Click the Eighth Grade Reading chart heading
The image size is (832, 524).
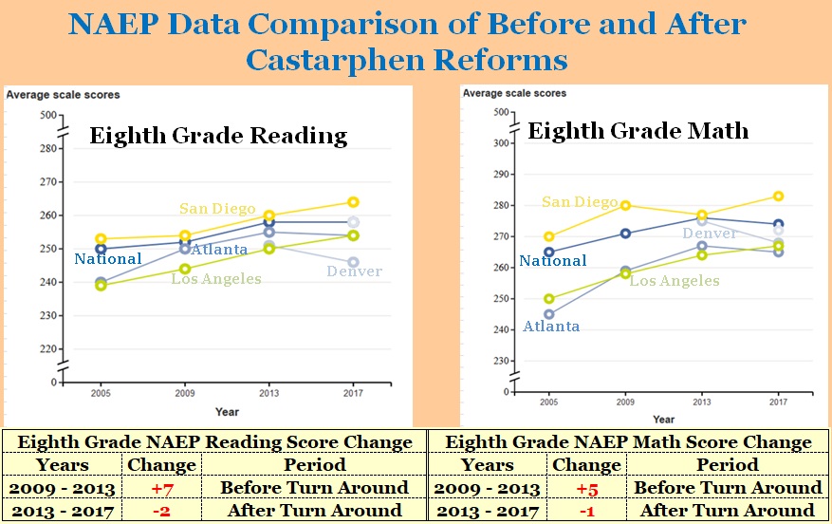(x=218, y=136)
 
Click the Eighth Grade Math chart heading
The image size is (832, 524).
(x=638, y=130)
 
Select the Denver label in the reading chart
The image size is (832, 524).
(x=354, y=271)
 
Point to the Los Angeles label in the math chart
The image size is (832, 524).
(x=675, y=281)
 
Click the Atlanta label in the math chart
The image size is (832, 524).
(x=551, y=327)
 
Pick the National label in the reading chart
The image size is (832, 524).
(x=107, y=259)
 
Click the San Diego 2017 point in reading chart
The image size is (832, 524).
(x=353, y=202)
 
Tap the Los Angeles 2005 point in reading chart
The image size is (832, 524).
(x=101, y=285)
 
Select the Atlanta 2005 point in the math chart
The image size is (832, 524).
(x=548, y=314)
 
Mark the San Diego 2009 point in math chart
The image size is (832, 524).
(x=625, y=205)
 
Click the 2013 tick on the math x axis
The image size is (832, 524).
(x=701, y=402)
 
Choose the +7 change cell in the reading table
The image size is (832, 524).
(x=161, y=488)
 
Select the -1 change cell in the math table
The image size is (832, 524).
(x=586, y=511)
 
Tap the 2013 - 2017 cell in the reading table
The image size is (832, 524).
(x=63, y=511)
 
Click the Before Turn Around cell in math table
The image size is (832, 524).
(x=728, y=488)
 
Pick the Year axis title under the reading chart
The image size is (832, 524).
(x=227, y=412)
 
